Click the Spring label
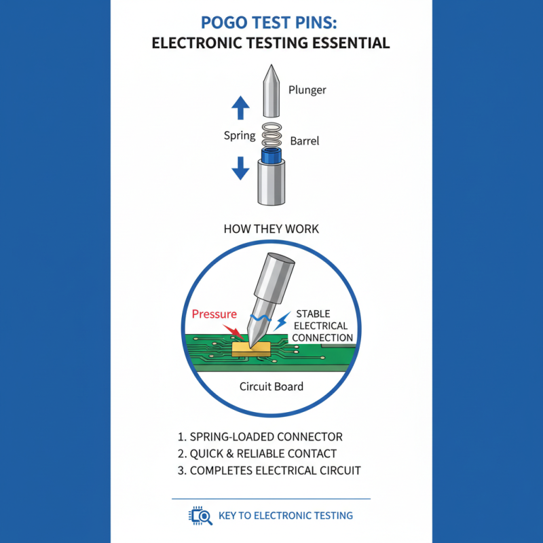pos(240,135)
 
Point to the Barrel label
pos(305,142)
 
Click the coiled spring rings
pos(271,136)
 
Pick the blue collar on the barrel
pos(271,157)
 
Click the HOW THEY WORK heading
pos(271,229)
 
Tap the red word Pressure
pos(214,314)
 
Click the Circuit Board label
pos(271,386)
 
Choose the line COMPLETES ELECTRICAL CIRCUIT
pos(268,470)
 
